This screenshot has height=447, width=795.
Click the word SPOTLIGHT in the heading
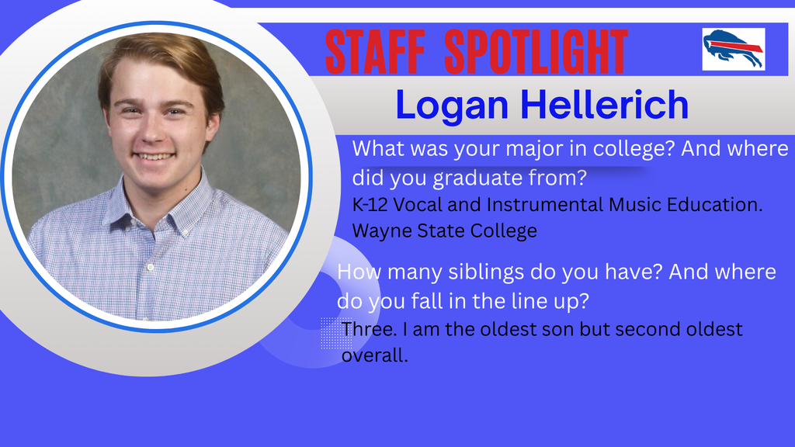click(x=536, y=52)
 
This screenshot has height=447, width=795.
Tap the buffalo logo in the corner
click(x=733, y=49)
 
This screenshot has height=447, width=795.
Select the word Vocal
click(x=425, y=205)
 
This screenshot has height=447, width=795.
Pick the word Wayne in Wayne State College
click(x=377, y=230)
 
